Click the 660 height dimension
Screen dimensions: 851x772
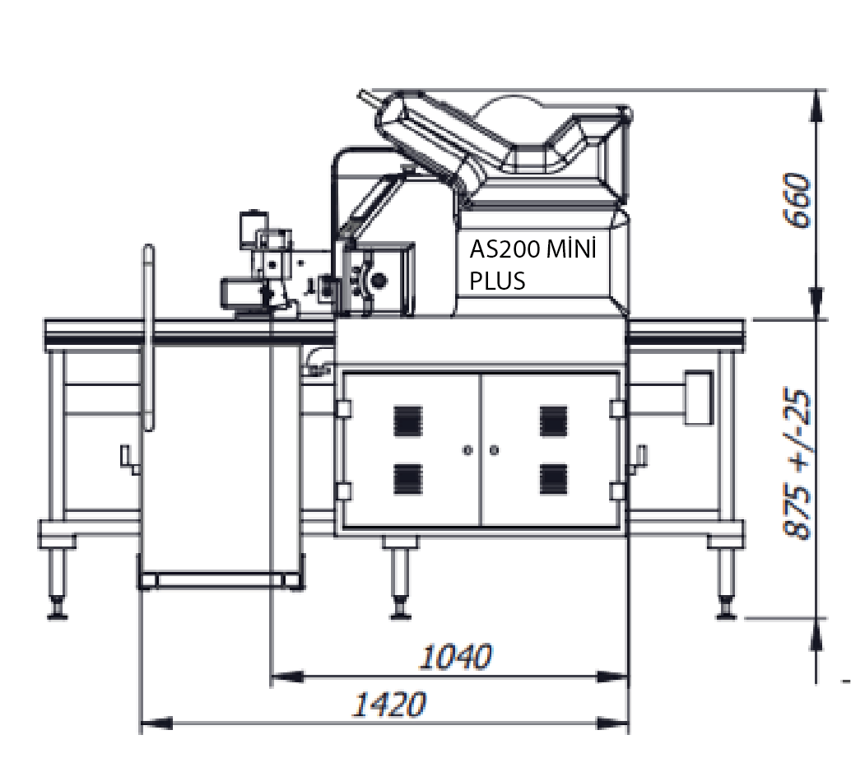click(x=798, y=200)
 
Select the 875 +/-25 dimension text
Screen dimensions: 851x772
click(x=798, y=464)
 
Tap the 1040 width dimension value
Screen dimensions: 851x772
click(x=456, y=657)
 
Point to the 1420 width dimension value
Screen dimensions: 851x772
click(x=389, y=705)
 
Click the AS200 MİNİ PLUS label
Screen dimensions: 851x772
click(x=532, y=265)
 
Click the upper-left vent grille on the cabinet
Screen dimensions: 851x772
click(x=407, y=421)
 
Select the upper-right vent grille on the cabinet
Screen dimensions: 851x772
click(x=554, y=421)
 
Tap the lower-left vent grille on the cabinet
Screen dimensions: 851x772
click(x=407, y=479)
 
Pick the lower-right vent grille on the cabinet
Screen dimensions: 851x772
click(x=554, y=479)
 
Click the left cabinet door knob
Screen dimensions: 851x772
click(x=467, y=450)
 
